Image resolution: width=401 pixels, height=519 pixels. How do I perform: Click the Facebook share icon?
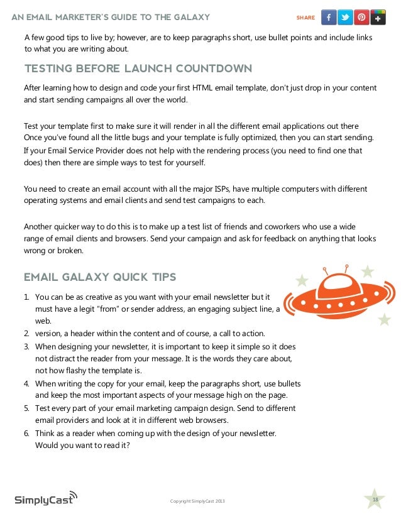click(x=329, y=17)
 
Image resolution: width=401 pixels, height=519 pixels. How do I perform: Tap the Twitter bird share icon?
click(x=345, y=17)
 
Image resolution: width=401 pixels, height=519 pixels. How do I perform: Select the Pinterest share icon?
click(x=361, y=17)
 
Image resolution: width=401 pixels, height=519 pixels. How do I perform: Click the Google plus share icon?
click(x=378, y=17)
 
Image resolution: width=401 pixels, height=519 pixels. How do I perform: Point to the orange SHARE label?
click(x=305, y=18)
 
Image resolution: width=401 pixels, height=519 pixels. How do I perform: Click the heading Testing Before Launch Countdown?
click(x=138, y=68)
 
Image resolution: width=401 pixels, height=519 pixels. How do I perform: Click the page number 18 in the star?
click(x=375, y=500)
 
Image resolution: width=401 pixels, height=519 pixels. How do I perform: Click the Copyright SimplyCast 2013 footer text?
click(x=197, y=501)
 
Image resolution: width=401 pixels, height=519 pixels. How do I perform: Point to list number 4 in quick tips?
click(x=27, y=383)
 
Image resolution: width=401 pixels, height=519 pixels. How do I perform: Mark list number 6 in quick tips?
click(x=27, y=434)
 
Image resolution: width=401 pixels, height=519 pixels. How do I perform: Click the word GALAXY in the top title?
click(x=187, y=17)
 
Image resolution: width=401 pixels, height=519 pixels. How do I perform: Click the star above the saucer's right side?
click(x=368, y=271)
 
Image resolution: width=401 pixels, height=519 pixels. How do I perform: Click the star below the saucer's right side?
click(x=384, y=319)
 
